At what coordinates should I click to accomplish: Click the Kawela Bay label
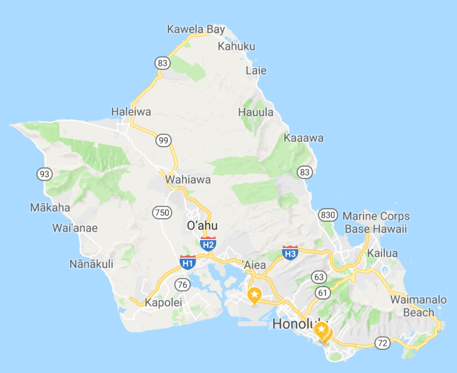196,29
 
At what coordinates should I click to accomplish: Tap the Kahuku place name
236,46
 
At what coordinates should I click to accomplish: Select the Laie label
256,70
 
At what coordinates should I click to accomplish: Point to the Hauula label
256,112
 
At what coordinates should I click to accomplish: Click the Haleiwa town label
131,111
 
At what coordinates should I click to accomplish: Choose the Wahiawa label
188,179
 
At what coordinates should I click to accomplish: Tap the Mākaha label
50,208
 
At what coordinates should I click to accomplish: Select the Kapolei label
162,303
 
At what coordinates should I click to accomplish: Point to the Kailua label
382,253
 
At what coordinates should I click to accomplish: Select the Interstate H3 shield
290,253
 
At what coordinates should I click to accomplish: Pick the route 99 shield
164,141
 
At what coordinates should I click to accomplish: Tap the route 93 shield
44,174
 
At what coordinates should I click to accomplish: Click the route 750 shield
161,212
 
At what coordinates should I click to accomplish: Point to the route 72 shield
382,342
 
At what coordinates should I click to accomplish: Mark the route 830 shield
327,215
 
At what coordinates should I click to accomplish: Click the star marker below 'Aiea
255,294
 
